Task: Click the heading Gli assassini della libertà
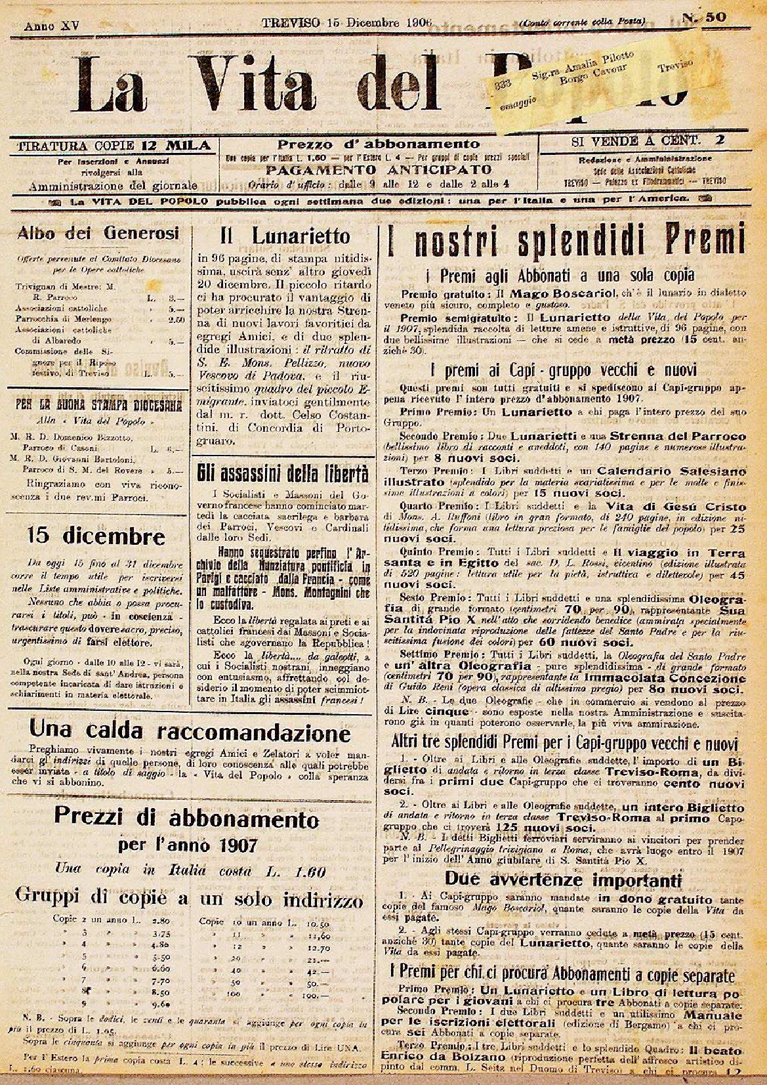click(283, 473)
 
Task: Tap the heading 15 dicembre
click(96, 536)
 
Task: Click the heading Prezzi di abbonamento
click(186, 819)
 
